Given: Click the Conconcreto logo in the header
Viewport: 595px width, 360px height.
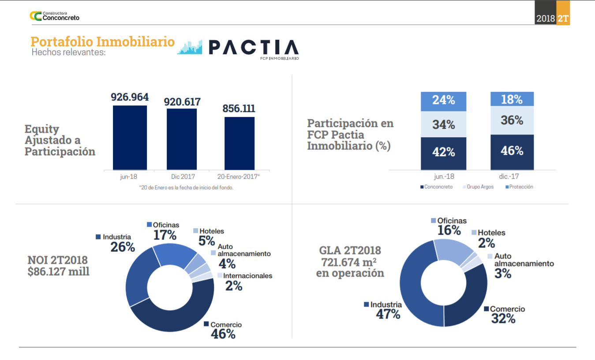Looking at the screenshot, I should click(x=54, y=16).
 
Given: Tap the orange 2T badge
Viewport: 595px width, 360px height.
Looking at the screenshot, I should click(x=563, y=19).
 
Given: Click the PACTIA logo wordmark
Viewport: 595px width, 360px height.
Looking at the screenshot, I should click(x=253, y=48).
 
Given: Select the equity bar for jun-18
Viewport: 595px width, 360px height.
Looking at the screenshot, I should click(x=130, y=138).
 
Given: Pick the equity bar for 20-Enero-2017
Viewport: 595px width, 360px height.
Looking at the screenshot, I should click(x=239, y=143).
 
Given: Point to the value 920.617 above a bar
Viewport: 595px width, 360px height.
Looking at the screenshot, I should click(x=182, y=102).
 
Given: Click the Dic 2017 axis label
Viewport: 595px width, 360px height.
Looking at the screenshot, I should click(x=182, y=176).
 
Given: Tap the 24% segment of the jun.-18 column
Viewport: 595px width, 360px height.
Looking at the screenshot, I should click(x=443, y=101).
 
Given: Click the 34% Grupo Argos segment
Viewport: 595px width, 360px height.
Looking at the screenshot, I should click(x=443, y=124).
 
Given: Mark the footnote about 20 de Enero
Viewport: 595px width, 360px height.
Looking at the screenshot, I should click(x=186, y=187).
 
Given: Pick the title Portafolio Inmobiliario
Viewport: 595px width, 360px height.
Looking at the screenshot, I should click(x=102, y=42).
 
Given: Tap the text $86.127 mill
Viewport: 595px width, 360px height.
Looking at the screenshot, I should click(x=58, y=271).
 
